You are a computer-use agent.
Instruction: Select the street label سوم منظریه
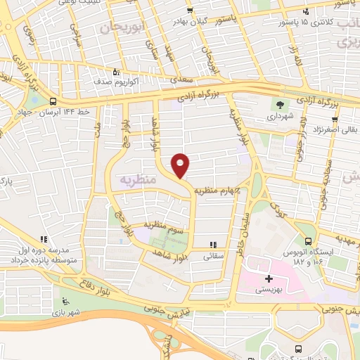click(163, 225)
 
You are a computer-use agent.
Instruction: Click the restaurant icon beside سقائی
click(212, 246)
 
